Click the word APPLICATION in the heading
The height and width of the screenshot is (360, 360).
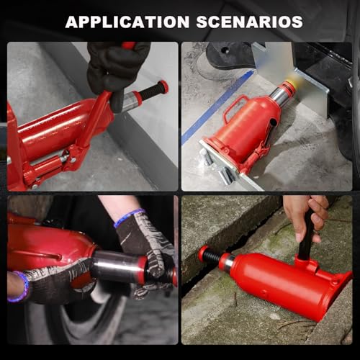tap(127, 22)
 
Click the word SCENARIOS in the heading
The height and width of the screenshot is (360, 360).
tap(250, 22)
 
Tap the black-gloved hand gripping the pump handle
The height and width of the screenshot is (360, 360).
tap(115, 70)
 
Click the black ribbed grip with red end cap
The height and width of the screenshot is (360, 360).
tap(153, 90)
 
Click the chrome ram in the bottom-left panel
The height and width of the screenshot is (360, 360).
tap(117, 266)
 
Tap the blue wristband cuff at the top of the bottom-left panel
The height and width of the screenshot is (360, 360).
tap(130, 217)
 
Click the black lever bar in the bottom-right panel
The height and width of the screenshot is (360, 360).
tap(306, 235)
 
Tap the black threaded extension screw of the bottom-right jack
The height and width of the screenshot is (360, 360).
tap(210, 256)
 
